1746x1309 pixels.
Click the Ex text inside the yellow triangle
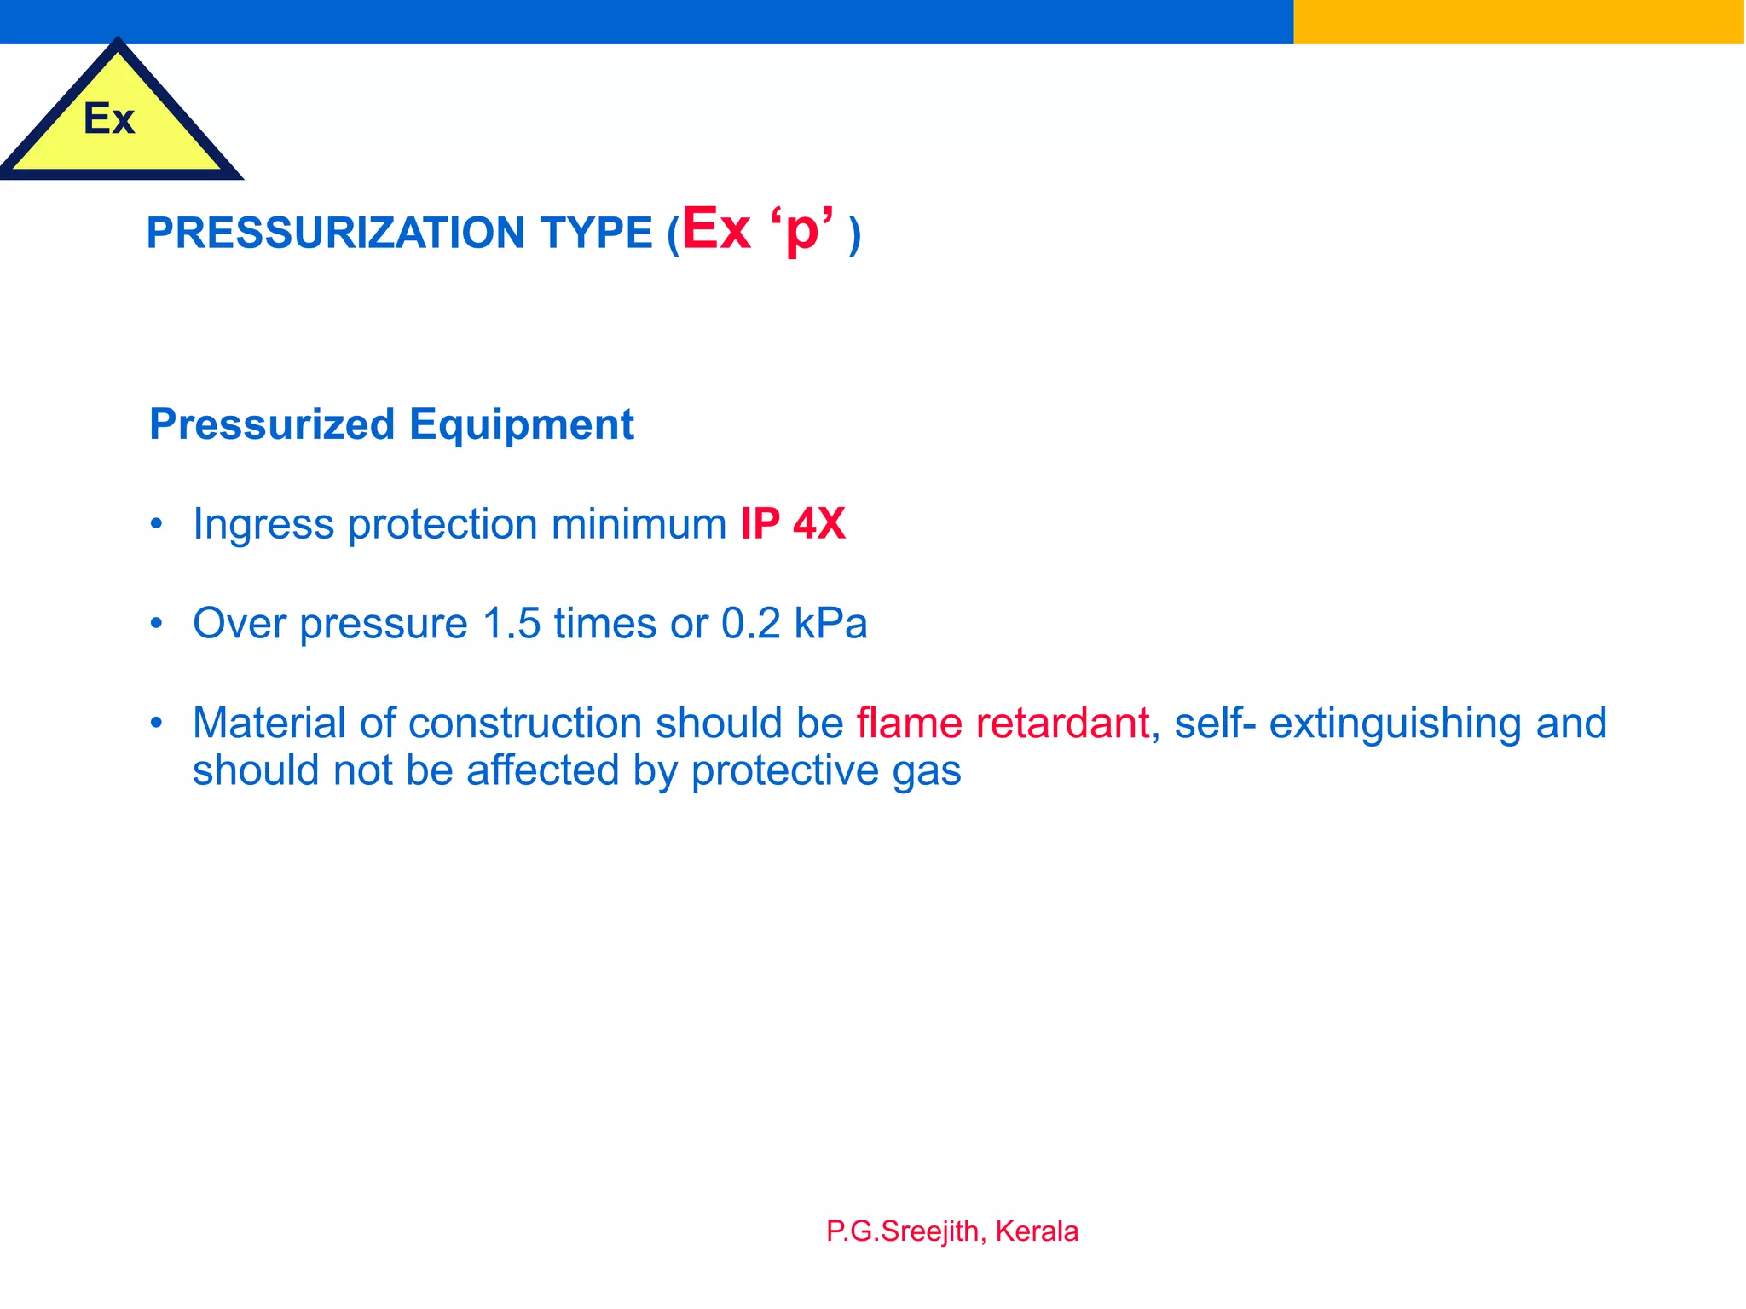click(109, 118)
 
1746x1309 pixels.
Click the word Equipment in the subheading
click(521, 424)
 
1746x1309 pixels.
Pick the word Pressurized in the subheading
click(272, 424)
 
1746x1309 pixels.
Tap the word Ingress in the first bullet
click(263, 524)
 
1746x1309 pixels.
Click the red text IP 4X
click(792, 523)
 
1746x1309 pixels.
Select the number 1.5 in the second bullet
click(512, 623)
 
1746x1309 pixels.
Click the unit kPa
click(830, 623)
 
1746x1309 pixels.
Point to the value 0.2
click(750, 623)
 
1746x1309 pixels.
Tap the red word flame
click(909, 723)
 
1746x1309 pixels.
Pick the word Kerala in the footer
click(1037, 1231)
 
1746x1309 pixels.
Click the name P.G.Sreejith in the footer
click(903, 1231)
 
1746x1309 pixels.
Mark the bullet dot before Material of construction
click(156, 723)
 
